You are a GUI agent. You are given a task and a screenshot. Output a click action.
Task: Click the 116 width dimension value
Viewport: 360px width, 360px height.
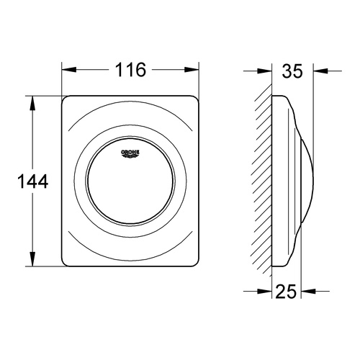pos(130,70)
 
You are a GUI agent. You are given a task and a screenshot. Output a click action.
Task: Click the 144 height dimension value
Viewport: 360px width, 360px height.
pos(32,182)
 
